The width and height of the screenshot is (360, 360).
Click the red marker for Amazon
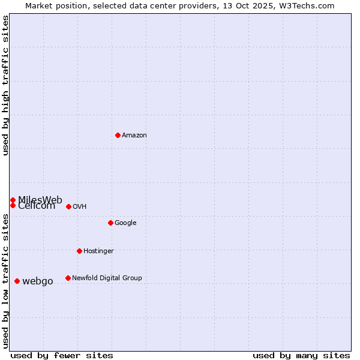click(x=118, y=135)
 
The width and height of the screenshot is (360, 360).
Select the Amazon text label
click(x=134, y=136)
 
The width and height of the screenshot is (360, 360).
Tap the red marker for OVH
click(x=68, y=206)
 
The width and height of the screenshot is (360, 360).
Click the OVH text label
click(x=80, y=207)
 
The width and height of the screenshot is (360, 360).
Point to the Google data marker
click(x=110, y=223)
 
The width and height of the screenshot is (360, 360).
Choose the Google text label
click(x=125, y=223)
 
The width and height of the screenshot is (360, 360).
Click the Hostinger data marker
click(x=79, y=251)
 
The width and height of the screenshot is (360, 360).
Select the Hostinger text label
click(x=98, y=251)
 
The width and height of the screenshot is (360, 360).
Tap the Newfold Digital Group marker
click(x=68, y=278)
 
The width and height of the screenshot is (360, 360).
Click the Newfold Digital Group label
click(x=107, y=278)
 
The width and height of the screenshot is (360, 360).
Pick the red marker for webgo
click(x=17, y=281)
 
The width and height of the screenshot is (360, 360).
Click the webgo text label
click(x=38, y=281)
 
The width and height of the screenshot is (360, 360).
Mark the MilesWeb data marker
click(x=13, y=200)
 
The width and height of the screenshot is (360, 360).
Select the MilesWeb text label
click(x=40, y=200)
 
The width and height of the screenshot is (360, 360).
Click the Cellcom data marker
click(x=13, y=205)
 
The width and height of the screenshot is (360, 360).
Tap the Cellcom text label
click(x=37, y=206)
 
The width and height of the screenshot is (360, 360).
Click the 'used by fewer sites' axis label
click(x=62, y=355)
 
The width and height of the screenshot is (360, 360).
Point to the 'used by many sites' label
click(x=301, y=355)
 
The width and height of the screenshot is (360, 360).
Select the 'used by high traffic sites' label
click(x=5, y=85)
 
